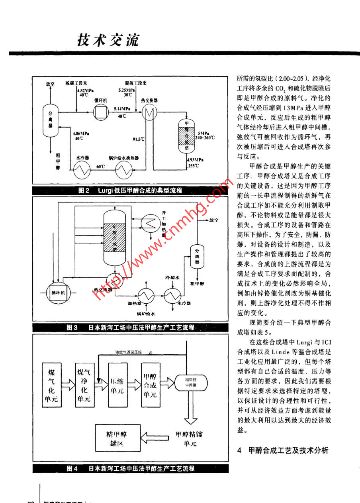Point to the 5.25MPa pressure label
125,90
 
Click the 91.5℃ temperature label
139,139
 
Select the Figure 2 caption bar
131,191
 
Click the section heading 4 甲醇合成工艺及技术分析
283,451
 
